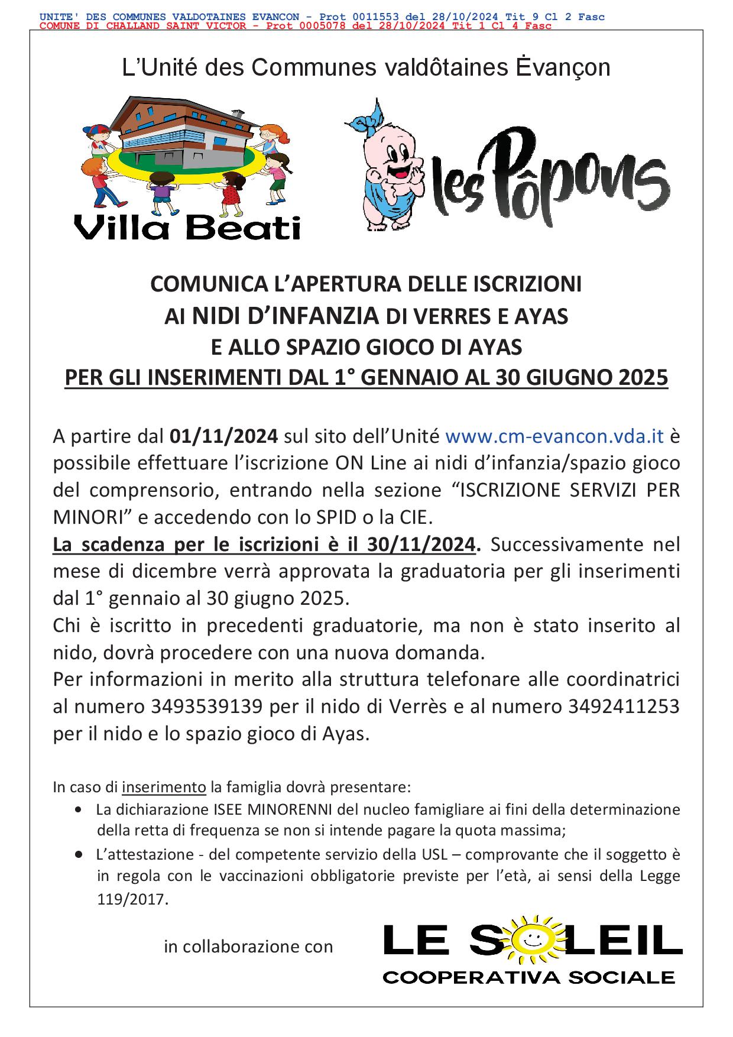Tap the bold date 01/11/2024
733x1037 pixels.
[223, 436]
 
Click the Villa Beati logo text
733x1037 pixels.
[187, 226]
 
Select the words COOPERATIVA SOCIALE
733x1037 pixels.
[529, 976]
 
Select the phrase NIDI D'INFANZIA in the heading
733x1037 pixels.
[285, 316]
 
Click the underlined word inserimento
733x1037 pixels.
[164, 788]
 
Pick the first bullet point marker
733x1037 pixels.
[79, 809]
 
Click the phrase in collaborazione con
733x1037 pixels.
[248, 946]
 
